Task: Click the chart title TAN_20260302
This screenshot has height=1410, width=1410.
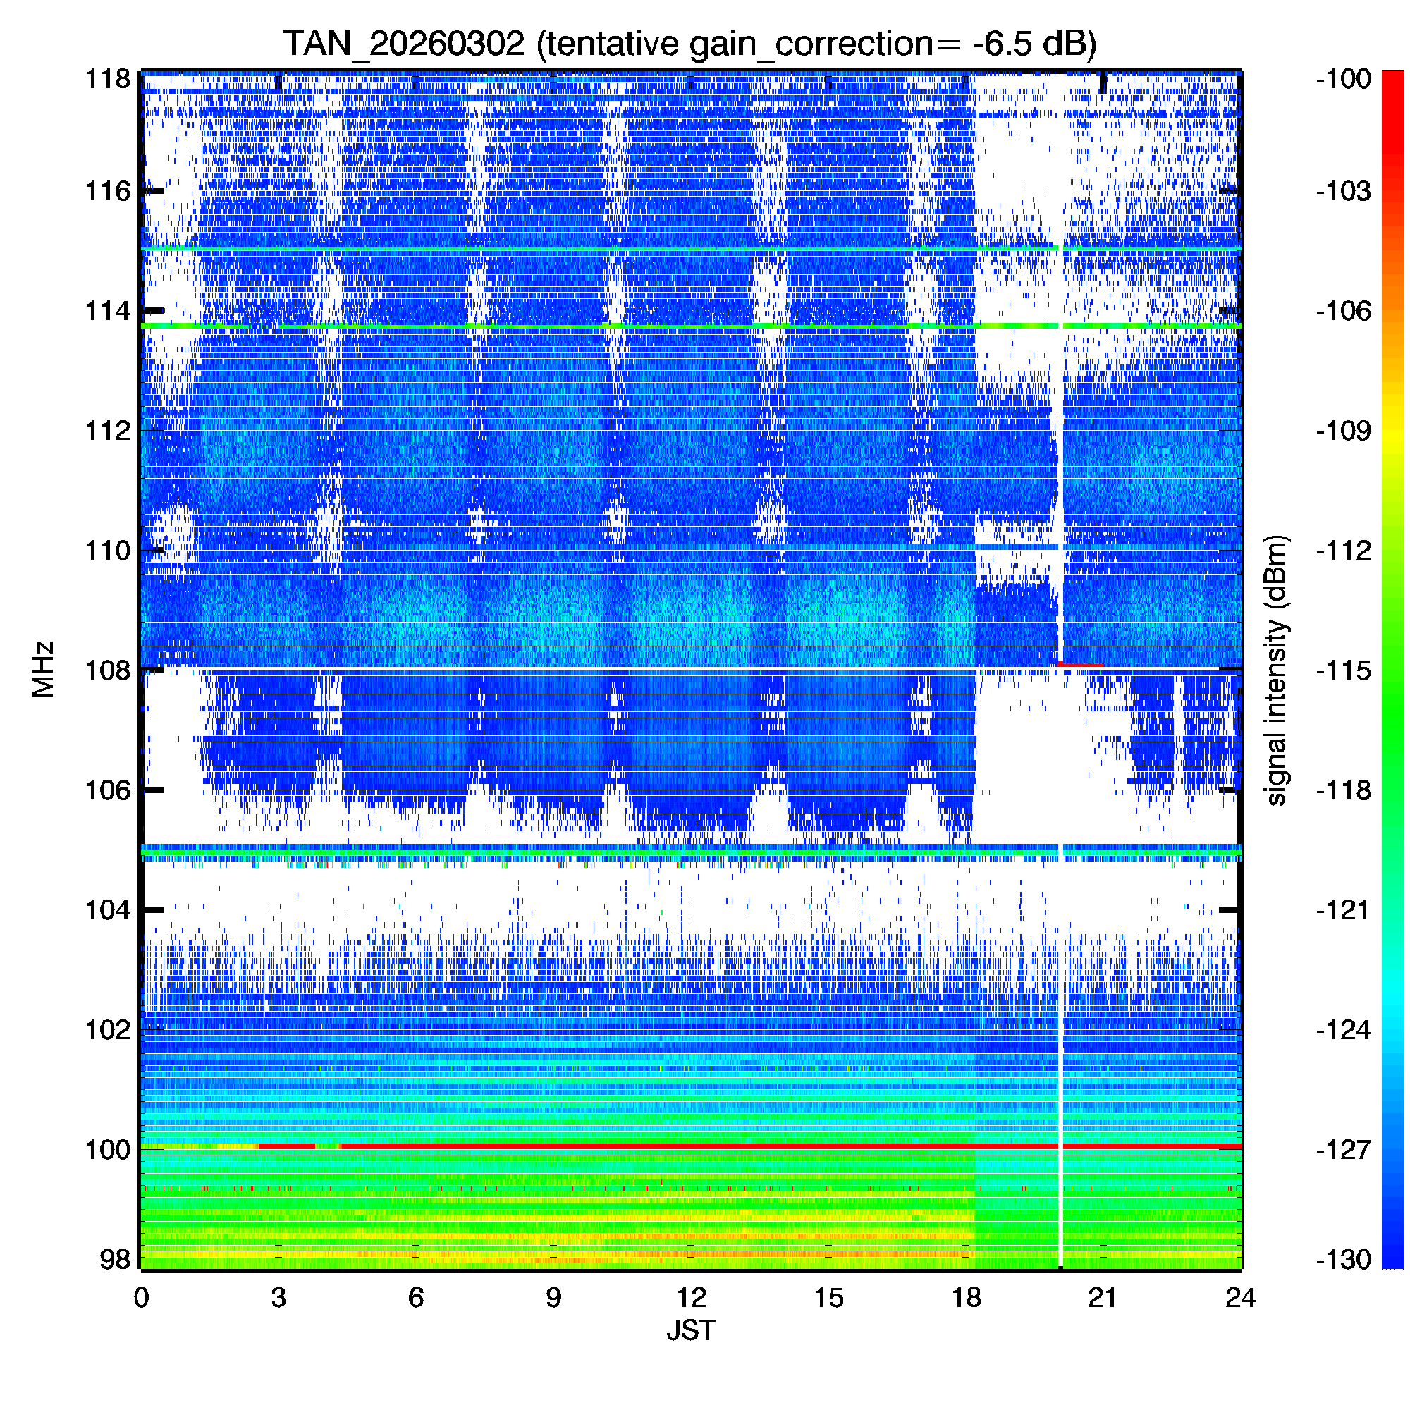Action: pyautogui.click(x=403, y=44)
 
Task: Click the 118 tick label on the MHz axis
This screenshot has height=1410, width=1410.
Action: pyautogui.click(x=108, y=79)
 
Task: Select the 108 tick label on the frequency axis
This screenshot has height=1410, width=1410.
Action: pyautogui.click(x=108, y=670)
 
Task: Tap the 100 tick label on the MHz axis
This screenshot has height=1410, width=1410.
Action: pyautogui.click(x=108, y=1150)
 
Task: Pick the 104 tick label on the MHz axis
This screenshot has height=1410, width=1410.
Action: pyautogui.click(x=108, y=910)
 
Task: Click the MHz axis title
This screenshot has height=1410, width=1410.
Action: pyautogui.click(x=43, y=669)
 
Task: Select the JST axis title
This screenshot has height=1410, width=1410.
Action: pyautogui.click(x=690, y=1330)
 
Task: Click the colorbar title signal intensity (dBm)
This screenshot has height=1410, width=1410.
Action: pyautogui.click(x=1277, y=670)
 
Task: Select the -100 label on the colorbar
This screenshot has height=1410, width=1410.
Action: pyautogui.click(x=1344, y=79)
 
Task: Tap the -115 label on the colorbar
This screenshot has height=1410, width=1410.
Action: pyautogui.click(x=1344, y=670)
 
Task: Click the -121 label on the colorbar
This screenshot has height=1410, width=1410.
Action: pyautogui.click(x=1344, y=910)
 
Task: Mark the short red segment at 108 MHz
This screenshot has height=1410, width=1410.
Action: pyautogui.click(x=1080, y=665)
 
